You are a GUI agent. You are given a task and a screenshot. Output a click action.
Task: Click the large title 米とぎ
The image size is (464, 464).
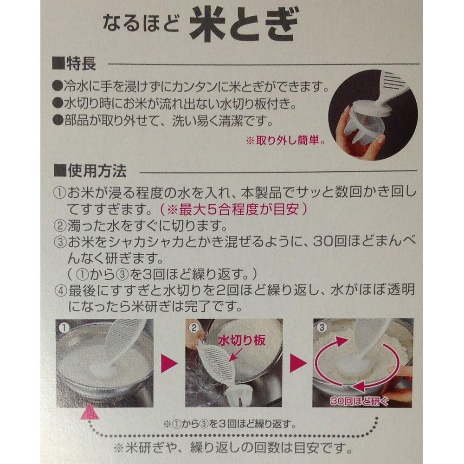click(244, 25)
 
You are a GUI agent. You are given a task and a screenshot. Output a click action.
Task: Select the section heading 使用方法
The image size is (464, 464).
click(90, 171)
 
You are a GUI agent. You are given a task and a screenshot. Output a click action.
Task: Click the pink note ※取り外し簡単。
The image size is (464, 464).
click(285, 141)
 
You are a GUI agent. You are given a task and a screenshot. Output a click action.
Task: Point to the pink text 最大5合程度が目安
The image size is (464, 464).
click(233, 210)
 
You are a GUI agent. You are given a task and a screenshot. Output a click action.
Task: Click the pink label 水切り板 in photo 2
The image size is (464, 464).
click(241, 341)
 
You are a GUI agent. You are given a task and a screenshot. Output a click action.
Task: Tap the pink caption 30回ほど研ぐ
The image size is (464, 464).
click(359, 401)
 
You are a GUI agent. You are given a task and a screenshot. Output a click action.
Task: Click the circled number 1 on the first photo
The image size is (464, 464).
click(64, 328)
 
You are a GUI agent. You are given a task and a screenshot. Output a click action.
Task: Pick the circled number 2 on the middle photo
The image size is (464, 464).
click(194, 328)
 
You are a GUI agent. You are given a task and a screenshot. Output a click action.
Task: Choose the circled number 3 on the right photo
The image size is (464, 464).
click(322, 327)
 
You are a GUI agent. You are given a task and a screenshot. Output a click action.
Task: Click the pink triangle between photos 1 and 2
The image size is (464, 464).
click(169, 363)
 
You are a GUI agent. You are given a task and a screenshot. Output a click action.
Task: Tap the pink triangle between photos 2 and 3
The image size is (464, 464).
click(298, 363)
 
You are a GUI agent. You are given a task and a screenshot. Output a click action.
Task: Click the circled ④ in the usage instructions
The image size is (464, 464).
click(61, 291)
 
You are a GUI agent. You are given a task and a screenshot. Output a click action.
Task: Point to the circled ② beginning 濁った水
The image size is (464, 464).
click(60, 226)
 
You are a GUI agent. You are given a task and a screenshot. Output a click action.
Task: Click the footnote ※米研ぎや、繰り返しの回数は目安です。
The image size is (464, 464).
click(232, 448)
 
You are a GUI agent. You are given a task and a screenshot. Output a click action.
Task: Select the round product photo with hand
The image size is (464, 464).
click(373, 116)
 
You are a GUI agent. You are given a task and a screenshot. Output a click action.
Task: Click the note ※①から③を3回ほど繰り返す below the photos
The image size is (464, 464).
click(230, 425)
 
